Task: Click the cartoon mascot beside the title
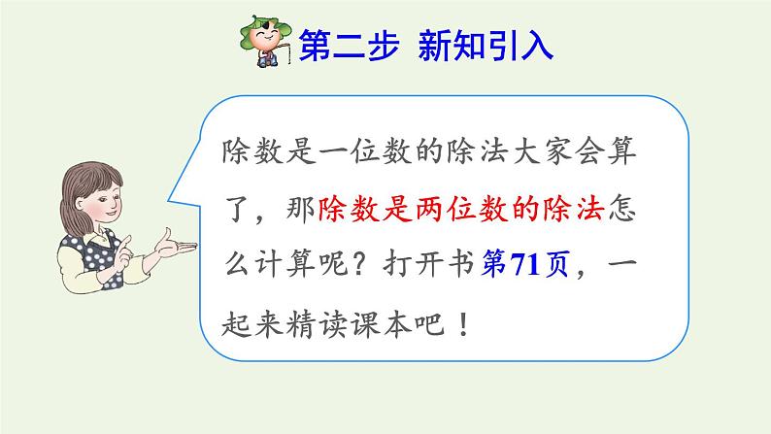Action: [x=265, y=42]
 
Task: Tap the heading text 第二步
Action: [x=349, y=45]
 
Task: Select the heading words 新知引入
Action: [x=486, y=45]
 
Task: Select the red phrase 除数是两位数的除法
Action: [x=461, y=209]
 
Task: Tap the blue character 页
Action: [x=555, y=264]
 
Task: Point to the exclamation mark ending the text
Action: [x=463, y=324]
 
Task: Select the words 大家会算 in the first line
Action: [x=574, y=150]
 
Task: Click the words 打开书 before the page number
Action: [x=428, y=264]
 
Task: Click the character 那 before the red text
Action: [x=300, y=209]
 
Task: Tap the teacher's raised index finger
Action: [x=127, y=241]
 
